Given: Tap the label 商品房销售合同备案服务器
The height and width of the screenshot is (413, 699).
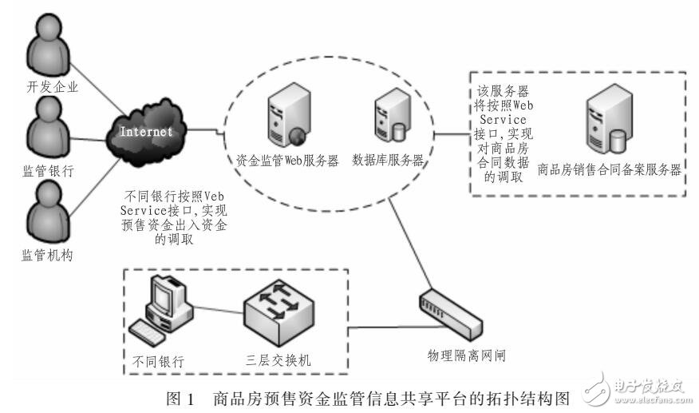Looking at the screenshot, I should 610,170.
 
